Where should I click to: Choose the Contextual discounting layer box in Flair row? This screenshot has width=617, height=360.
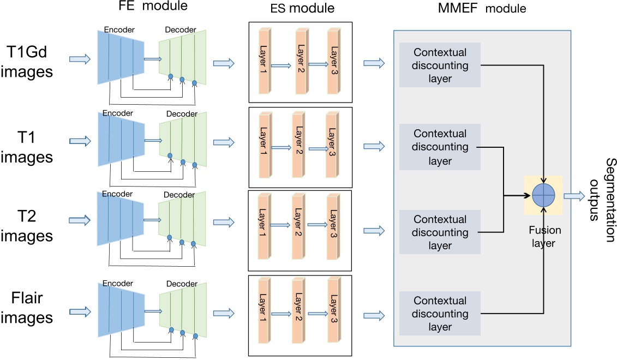pos(440,314)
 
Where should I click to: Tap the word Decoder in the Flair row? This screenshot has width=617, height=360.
pos(182,284)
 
